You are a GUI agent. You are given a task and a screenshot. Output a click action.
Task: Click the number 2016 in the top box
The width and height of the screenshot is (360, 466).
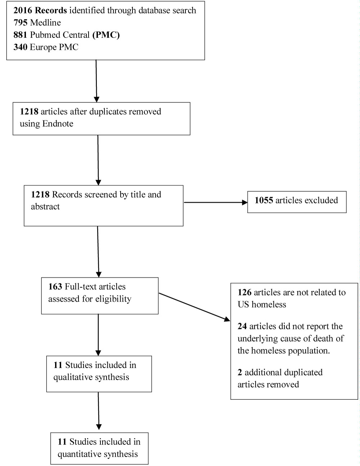pos(23,10)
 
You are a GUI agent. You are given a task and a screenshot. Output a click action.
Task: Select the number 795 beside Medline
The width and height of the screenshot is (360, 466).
pos(21,23)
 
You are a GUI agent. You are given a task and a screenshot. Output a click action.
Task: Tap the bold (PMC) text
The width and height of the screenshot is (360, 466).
pos(106,35)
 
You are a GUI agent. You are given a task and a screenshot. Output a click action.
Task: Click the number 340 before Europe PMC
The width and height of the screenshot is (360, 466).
pos(21,47)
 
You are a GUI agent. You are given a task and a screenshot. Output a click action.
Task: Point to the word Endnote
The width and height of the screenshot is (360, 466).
pos(58,124)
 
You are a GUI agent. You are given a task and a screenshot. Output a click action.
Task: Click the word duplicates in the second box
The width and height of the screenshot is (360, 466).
pos(108,112)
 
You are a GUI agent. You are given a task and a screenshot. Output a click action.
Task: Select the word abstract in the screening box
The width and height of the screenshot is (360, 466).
pos(45,206)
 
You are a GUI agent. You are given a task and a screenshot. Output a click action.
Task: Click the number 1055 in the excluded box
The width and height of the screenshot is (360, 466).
pos(264,200)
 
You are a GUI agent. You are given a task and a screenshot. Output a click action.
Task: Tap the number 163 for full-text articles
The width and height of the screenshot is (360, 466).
pos(55,287)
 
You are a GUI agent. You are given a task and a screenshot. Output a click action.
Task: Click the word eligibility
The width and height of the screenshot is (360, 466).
pos(113,299)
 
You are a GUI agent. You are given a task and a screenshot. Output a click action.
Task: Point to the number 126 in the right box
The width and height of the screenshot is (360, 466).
pos(244,292)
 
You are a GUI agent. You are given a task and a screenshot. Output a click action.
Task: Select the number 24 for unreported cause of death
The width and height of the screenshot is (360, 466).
pos(242,326)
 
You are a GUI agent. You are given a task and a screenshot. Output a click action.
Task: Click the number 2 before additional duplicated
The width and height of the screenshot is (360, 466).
pos(240,372)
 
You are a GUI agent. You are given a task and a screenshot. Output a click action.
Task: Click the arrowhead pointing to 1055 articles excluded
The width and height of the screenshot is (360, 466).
pos(245,202)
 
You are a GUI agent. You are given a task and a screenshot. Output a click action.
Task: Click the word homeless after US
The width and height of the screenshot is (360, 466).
pos(269,305)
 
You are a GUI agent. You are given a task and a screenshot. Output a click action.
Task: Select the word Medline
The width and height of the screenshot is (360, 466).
pos(45,23)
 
